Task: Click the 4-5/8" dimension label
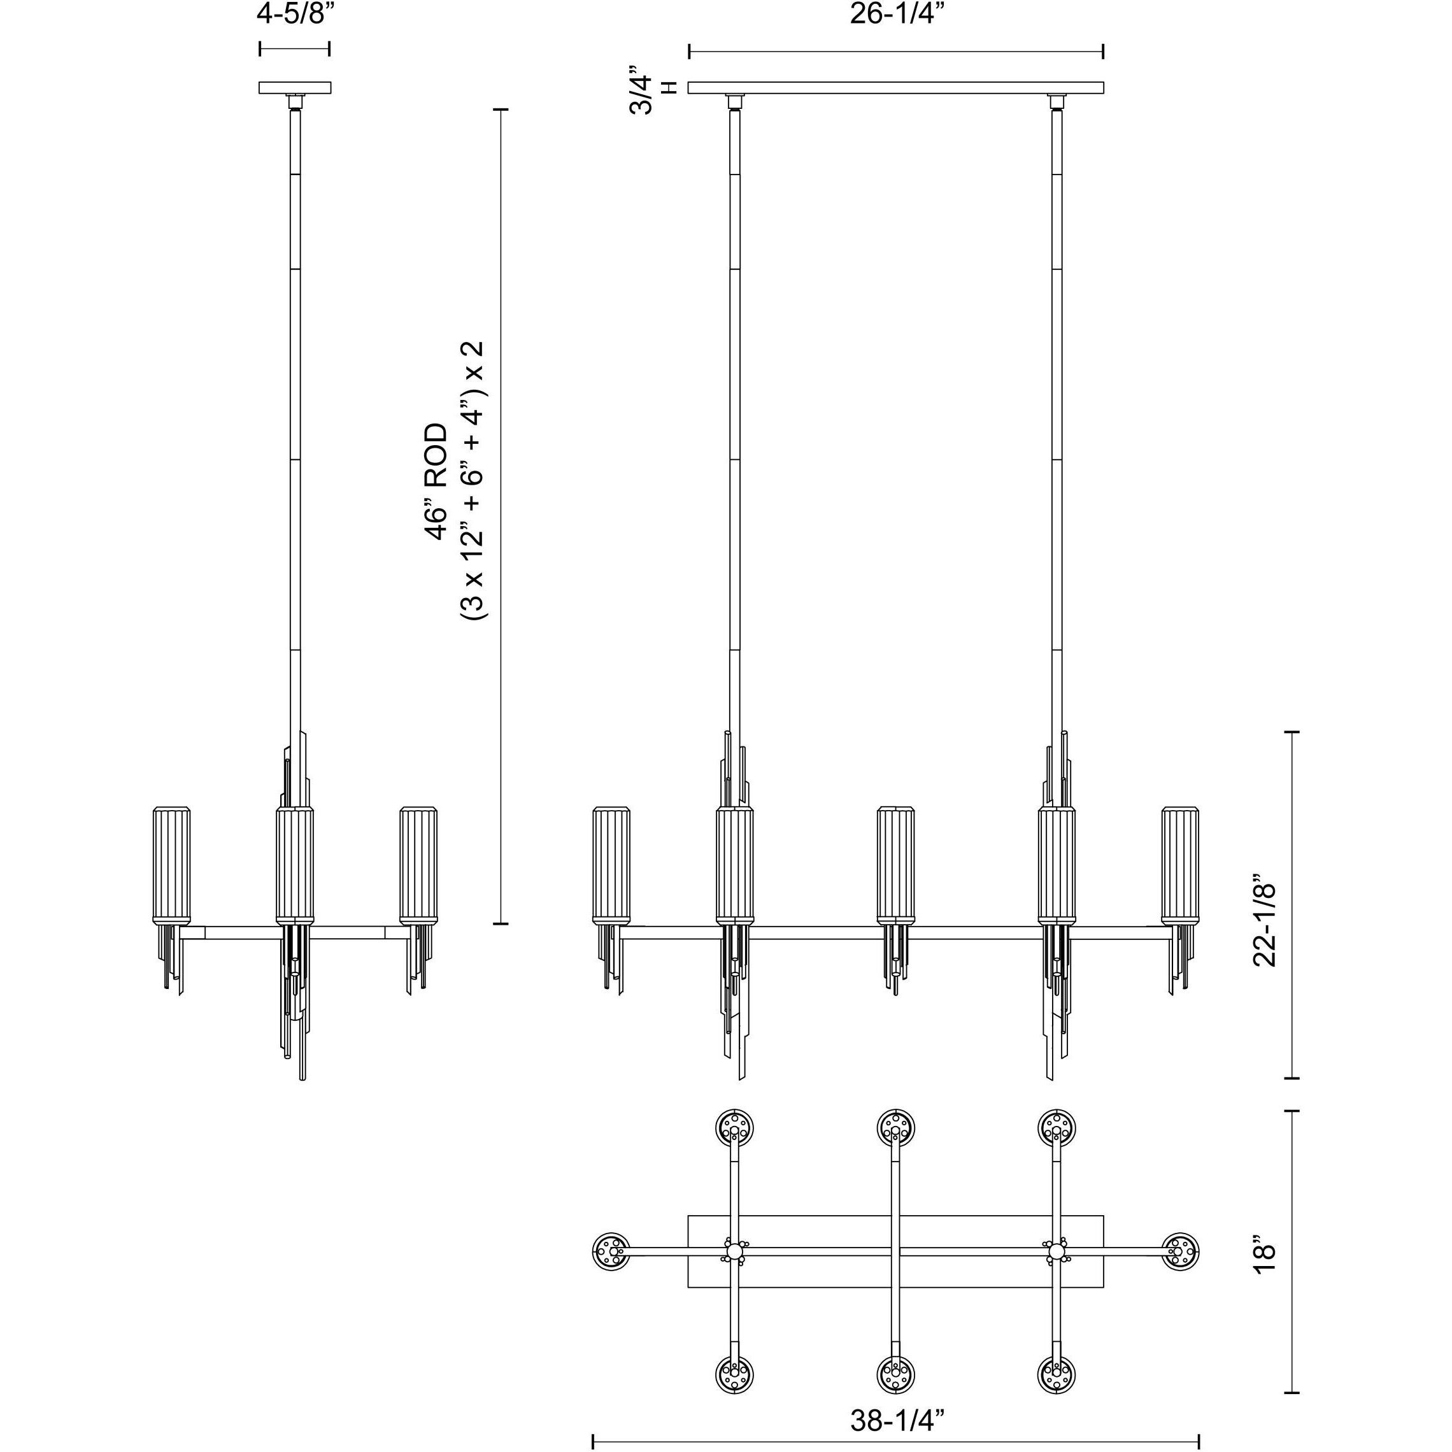pyautogui.click(x=295, y=15)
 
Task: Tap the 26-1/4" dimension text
pyautogui.click(x=896, y=15)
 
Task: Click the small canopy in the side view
pyautogui.click(x=295, y=88)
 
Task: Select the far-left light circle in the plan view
pyautogui.click(x=611, y=1251)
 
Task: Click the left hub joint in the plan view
pyautogui.click(x=734, y=1251)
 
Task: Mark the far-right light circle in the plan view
pyautogui.click(x=1180, y=1251)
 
